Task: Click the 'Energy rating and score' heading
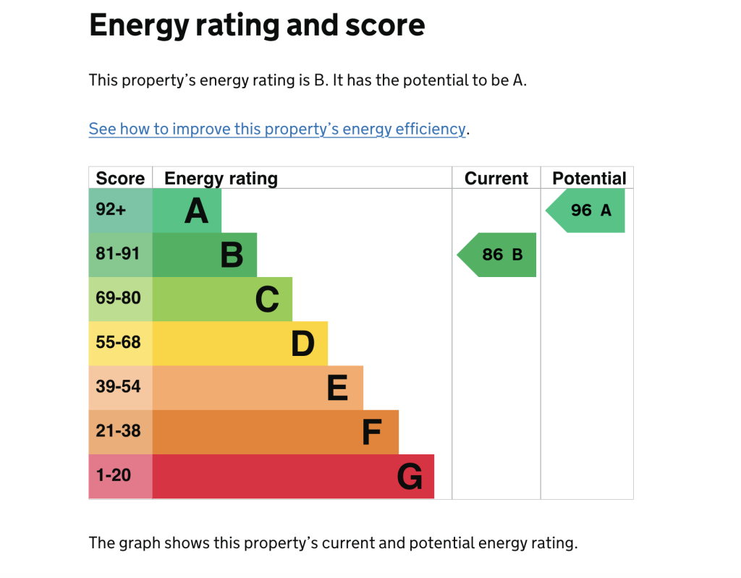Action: click(x=257, y=26)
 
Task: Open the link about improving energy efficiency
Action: click(x=277, y=129)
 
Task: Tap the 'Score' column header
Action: click(x=120, y=179)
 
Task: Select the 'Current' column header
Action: click(x=496, y=179)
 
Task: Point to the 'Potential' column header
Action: click(x=589, y=179)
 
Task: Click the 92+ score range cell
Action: click(x=111, y=211)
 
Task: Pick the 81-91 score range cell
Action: click(x=118, y=255)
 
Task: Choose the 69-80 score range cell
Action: click(x=119, y=299)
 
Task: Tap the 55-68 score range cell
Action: click(x=119, y=343)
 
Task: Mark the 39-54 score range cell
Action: click(x=119, y=387)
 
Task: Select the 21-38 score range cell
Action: click(x=119, y=431)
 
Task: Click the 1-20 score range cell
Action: click(x=114, y=475)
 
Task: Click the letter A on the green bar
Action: click(x=196, y=211)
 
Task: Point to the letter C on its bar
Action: click(x=267, y=299)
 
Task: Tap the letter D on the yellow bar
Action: click(x=302, y=344)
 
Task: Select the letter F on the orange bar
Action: click(x=371, y=432)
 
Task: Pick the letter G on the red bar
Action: click(x=410, y=477)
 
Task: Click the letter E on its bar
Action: click(x=337, y=388)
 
